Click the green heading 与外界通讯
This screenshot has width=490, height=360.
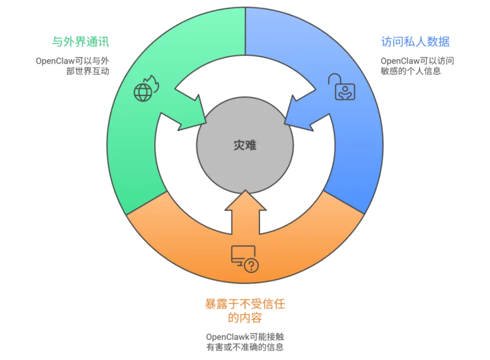click(81, 42)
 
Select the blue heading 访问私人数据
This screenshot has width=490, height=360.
click(415, 41)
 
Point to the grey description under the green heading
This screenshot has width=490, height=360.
click(73, 65)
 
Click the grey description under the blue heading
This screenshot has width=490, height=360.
click(417, 66)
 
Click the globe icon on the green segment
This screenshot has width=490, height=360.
click(142, 92)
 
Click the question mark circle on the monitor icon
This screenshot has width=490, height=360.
click(251, 265)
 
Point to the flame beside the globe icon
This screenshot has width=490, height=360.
click(153, 84)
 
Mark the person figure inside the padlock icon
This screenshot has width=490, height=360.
click(345, 91)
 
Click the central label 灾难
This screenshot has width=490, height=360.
click(245, 145)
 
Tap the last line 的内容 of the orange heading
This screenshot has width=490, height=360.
click(245, 317)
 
